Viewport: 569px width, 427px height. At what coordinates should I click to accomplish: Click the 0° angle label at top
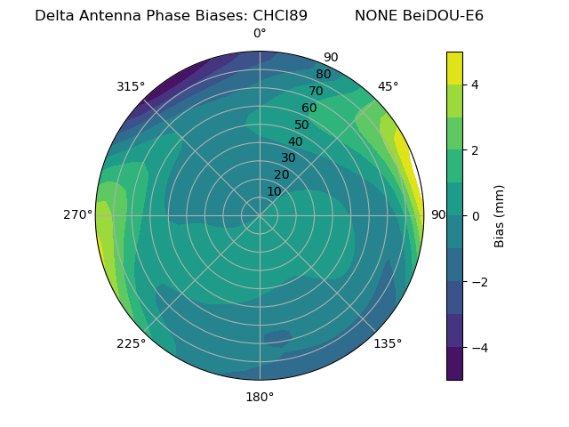point(260,34)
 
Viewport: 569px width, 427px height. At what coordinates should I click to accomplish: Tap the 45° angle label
point(388,86)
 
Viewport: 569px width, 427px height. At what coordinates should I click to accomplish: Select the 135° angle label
point(388,343)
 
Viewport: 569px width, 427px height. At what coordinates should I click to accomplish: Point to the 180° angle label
point(260,397)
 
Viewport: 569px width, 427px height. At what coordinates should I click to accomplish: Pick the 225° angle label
point(131,343)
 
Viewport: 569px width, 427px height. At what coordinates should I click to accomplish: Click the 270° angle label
point(78,215)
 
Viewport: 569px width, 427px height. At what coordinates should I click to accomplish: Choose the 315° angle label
point(131,86)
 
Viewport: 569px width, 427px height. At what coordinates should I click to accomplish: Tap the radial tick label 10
point(274,191)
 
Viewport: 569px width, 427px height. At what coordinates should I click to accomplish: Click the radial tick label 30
point(288,158)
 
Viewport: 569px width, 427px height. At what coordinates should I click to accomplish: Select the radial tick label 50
point(301,125)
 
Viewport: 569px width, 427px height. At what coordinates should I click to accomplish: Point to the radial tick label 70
point(316,92)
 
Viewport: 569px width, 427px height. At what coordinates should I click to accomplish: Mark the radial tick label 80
point(323,75)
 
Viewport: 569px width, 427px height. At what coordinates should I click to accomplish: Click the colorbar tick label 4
point(476,85)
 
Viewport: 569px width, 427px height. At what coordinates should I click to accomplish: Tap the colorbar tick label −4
point(480,347)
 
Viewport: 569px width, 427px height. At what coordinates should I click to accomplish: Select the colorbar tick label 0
point(476,215)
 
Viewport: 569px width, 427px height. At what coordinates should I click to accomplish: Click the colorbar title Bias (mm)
point(500,215)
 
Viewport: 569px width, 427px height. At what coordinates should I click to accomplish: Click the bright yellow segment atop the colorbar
point(454,68)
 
